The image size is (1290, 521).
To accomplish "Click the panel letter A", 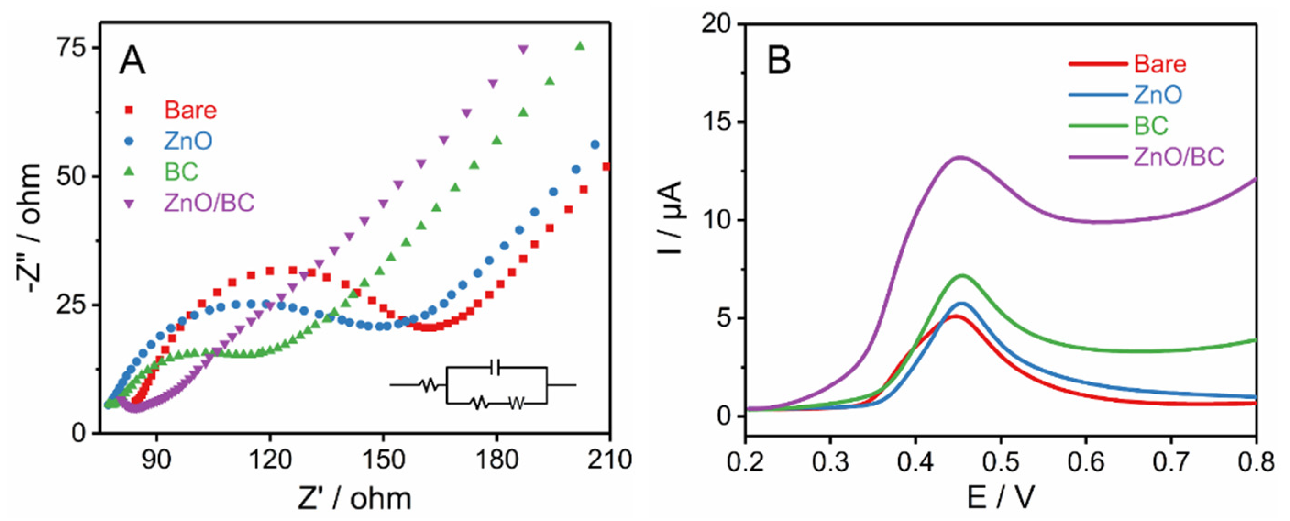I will pyautogui.click(x=132, y=61).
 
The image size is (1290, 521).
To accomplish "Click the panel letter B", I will pyautogui.click(x=779, y=61).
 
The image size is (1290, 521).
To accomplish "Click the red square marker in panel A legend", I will pyautogui.click(x=129, y=110).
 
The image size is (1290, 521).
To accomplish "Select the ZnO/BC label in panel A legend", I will pyautogui.click(x=209, y=203).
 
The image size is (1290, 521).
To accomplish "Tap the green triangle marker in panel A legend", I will pyautogui.click(x=129, y=172).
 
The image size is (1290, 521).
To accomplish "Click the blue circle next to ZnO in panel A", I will pyautogui.click(x=129, y=141).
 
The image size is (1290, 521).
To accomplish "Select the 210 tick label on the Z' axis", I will pyautogui.click(x=609, y=460).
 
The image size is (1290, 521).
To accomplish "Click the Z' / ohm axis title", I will pyautogui.click(x=354, y=499).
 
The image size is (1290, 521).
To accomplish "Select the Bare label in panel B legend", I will pyautogui.click(x=1160, y=64).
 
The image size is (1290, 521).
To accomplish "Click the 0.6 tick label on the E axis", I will pyautogui.click(x=1085, y=462).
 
